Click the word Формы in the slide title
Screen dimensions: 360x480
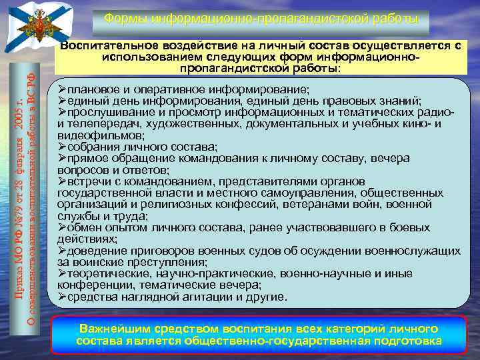pos(123,17)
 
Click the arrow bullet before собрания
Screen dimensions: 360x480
pos(61,146)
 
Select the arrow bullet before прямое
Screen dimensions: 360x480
pos(61,158)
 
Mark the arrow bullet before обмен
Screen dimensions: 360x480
pos(61,227)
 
